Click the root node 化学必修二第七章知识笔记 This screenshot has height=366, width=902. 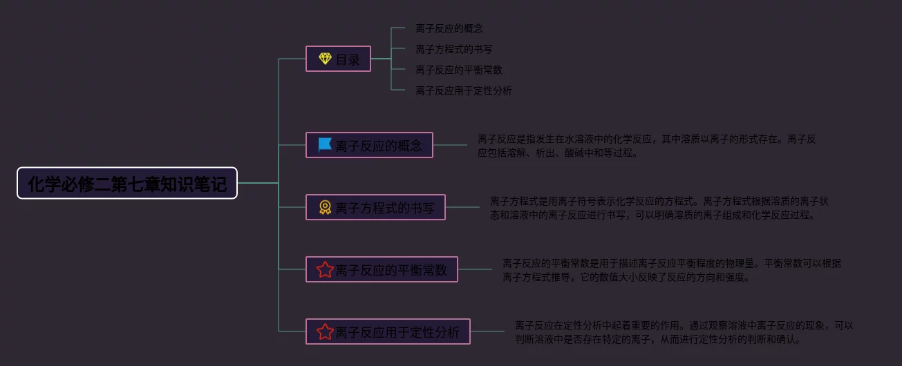(x=127, y=183)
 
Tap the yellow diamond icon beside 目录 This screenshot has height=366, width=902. (x=325, y=59)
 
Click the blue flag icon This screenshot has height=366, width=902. (x=325, y=145)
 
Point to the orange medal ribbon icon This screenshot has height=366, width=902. (x=325, y=207)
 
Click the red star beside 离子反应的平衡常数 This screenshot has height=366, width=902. (x=325, y=269)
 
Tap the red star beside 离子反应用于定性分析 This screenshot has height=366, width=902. (x=325, y=331)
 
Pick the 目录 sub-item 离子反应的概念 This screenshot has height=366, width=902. (x=449, y=29)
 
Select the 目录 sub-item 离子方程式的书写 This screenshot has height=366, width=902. (x=453, y=50)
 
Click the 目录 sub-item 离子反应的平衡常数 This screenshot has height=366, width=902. (x=458, y=70)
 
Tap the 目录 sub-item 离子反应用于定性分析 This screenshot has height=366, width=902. (x=463, y=91)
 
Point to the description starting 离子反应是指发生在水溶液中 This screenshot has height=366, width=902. (x=646, y=146)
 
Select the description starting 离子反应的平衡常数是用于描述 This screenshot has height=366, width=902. (x=671, y=270)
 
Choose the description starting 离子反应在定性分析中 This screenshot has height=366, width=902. (x=684, y=332)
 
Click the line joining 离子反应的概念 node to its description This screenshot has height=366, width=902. (x=450, y=145)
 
